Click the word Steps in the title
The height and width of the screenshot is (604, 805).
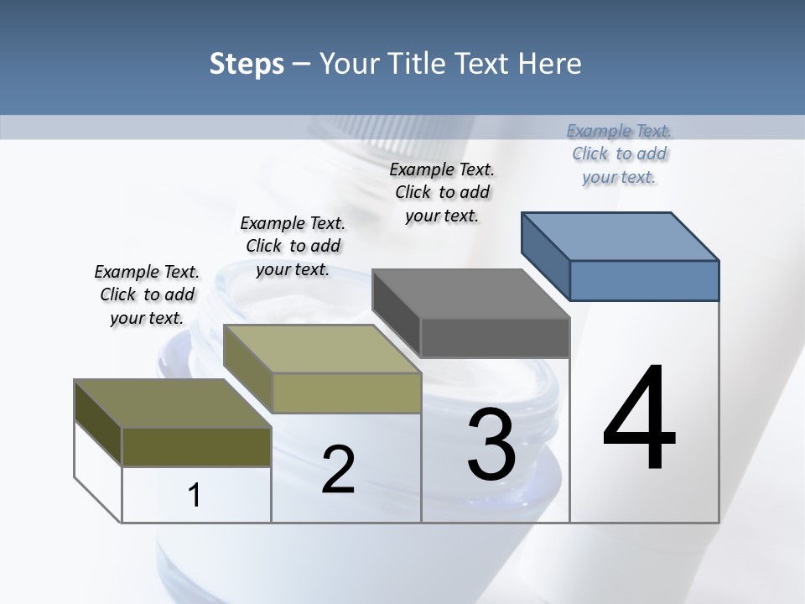coord(247,64)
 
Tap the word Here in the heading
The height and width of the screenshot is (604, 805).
coord(549,64)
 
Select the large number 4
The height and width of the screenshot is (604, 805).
coord(639,419)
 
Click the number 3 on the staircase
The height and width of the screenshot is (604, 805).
coord(491,445)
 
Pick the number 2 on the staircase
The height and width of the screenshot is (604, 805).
coord(338,470)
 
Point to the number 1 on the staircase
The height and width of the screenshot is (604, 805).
coord(195,495)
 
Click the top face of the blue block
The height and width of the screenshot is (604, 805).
coord(621,237)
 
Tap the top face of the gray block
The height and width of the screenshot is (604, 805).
coord(470,294)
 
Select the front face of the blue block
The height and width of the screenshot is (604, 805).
coord(644,280)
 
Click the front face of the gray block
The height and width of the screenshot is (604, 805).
coord(495,338)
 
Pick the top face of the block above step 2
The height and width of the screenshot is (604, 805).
coord(322,349)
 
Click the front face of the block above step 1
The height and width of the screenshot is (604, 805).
coord(196,446)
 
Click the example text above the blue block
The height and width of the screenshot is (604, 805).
coord(619,154)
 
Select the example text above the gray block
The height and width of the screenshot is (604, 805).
coord(442,192)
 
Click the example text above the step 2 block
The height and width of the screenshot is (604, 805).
coord(293,246)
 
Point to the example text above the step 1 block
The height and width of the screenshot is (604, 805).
coord(147,294)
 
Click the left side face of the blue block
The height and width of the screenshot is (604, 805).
coord(545,252)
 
